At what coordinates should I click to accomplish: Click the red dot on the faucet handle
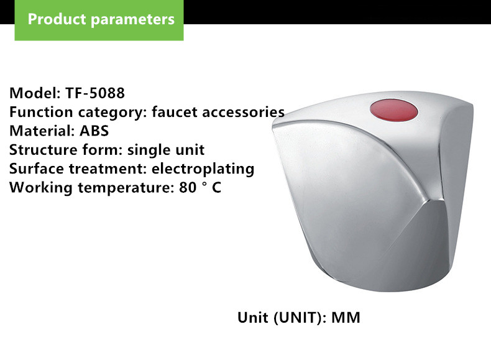pyautogui.click(x=393, y=110)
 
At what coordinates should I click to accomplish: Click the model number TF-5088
pyautogui.click(x=95, y=93)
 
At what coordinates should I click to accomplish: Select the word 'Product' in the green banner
pyautogui.click(x=57, y=19)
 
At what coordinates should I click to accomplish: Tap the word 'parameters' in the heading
pyautogui.click(x=132, y=20)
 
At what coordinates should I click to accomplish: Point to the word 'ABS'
pyautogui.click(x=94, y=131)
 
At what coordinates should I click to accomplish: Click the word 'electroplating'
pyautogui.click(x=203, y=169)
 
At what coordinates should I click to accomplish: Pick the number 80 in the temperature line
pyautogui.click(x=188, y=188)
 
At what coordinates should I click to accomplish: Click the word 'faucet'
pyautogui.click(x=175, y=112)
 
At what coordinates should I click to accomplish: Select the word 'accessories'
pyautogui.click(x=243, y=112)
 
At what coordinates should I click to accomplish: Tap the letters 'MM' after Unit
pyautogui.click(x=346, y=318)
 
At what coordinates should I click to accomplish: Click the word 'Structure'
pyautogui.click(x=44, y=150)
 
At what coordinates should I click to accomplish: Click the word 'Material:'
pyautogui.click(x=42, y=131)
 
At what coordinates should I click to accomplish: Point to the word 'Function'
pyautogui.click(x=41, y=112)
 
